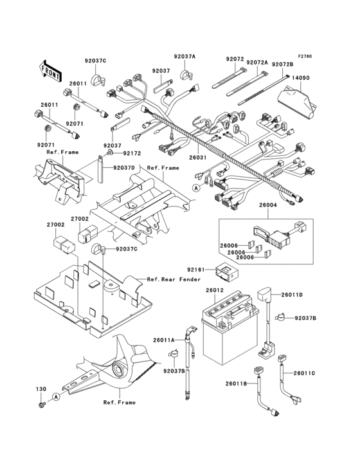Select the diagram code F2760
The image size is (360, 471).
[305, 56]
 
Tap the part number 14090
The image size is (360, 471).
[302, 77]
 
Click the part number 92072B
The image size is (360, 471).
[282, 64]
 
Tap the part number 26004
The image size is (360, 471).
[267, 206]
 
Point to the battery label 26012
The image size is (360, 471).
[214, 291]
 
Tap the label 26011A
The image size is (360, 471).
[164, 339]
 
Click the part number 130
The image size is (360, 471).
[40, 390]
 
